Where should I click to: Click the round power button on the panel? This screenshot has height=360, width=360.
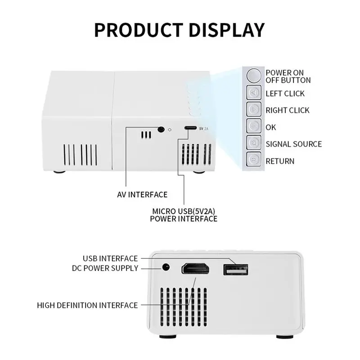pos(254,76)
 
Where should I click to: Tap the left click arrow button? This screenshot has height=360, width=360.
pos(254,93)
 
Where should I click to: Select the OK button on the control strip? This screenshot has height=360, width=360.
pos(254,126)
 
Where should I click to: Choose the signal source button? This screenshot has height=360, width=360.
pos(254,142)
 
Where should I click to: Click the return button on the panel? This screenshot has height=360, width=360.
pos(254,159)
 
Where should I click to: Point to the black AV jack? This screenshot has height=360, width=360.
pos(161,129)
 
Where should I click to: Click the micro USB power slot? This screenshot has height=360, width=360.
pos(190,128)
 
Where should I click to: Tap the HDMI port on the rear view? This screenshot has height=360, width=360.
pos(195,268)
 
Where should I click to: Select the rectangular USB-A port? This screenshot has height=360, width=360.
pos(235,270)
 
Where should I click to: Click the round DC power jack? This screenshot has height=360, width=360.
pos(166,267)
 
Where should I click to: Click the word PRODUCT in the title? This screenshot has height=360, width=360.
pos(139,30)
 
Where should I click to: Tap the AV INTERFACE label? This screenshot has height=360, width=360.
pos(142,195)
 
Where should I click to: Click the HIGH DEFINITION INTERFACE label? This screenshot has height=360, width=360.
pos(87,306)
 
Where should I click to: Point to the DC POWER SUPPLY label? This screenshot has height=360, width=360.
pos(105,268)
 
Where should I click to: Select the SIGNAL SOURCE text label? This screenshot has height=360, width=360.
pos(294,144)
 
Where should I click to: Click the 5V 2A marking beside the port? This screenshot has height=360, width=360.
pos(204,129)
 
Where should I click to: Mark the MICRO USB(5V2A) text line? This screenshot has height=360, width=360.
pos(184,211)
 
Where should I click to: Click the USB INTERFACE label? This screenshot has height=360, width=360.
pos(110,258)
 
